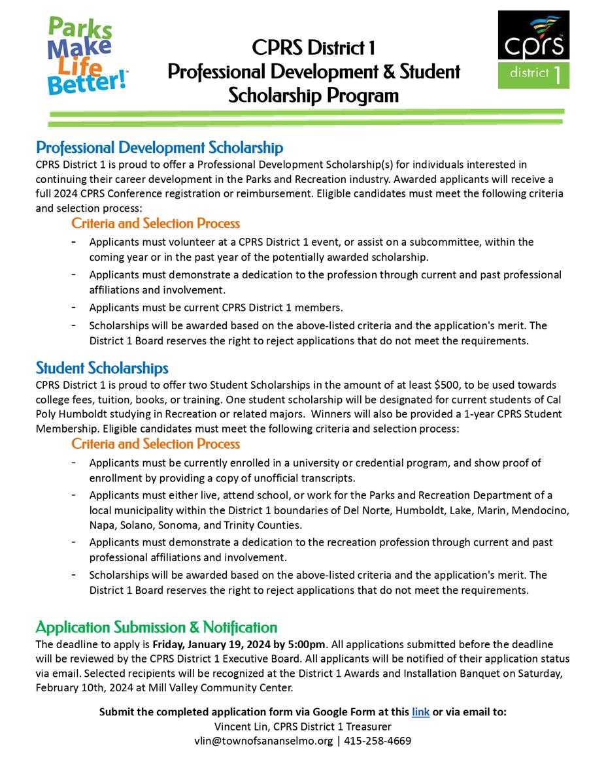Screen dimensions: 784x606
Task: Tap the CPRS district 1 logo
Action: pyautogui.click(x=533, y=50)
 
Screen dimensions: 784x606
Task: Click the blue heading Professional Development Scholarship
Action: pyautogui.click(x=160, y=148)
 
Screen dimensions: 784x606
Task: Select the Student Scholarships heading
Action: pyautogui.click(x=102, y=368)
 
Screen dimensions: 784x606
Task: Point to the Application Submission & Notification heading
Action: pyautogui.click(x=156, y=628)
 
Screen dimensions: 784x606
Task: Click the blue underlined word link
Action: pyautogui.click(x=420, y=712)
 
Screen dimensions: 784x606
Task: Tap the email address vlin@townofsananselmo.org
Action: pyautogui.click(x=263, y=741)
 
